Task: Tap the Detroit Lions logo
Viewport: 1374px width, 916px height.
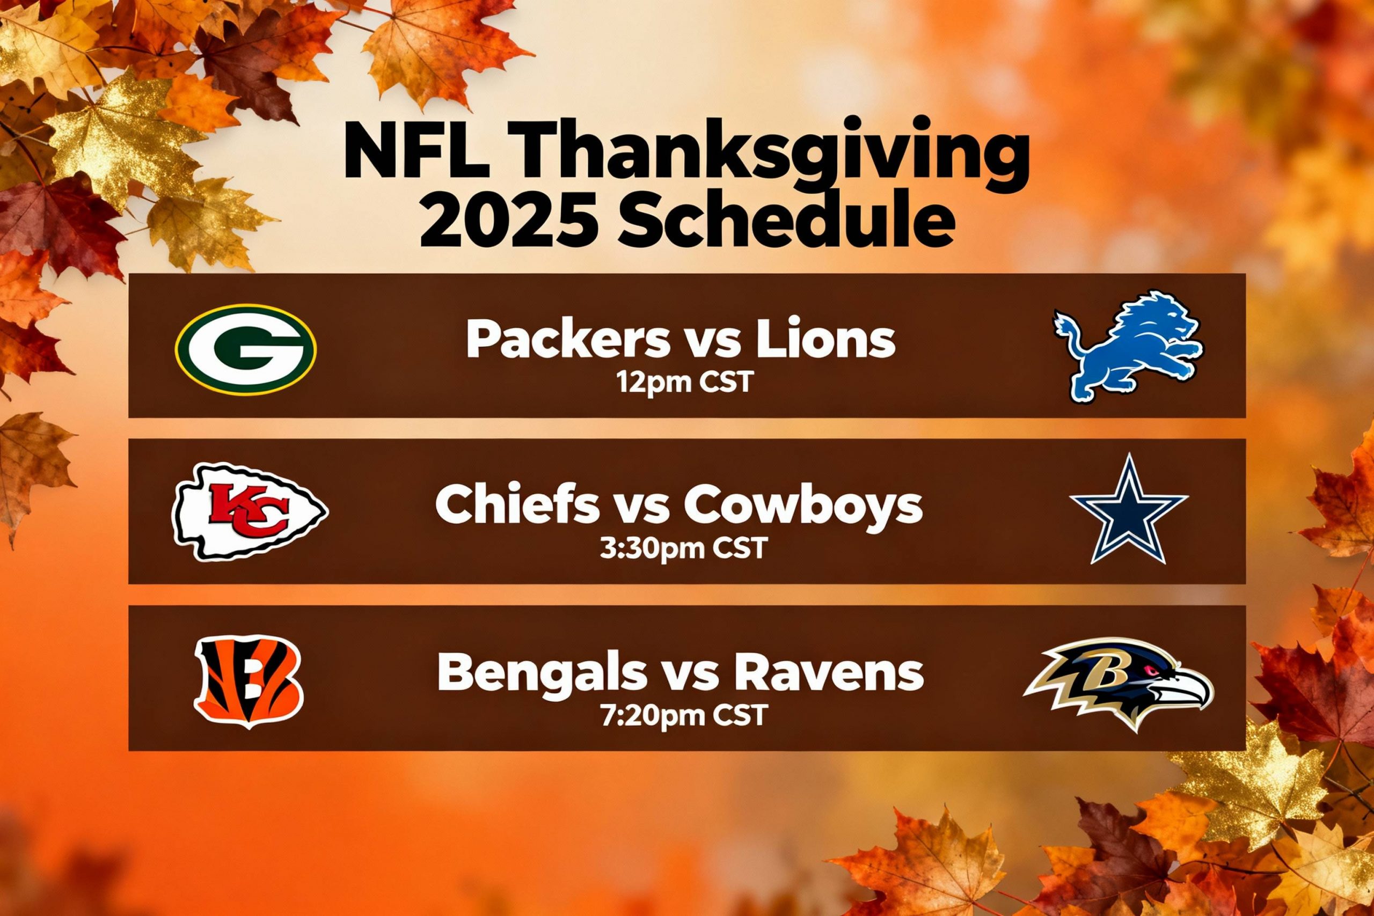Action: pyautogui.click(x=1128, y=347)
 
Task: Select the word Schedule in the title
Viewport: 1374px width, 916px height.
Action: pyautogui.click(x=786, y=223)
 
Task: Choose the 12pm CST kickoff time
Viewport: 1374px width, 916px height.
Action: pyautogui.click(x=684, y=383)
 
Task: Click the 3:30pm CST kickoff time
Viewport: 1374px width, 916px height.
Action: pyautogui.click(x=683, y=548)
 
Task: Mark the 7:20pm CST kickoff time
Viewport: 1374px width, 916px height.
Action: pyautogui.click(x=683, y=715)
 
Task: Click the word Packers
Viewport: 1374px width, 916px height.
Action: pyautogui.click(x=567, y=340)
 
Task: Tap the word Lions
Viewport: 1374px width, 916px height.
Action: pyautogui.click(x=825, y=340)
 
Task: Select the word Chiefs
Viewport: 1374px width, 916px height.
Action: pyautogui.click(x=517, y=506)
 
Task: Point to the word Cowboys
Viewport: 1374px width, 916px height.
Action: pyautogui.click(x=804, y=506)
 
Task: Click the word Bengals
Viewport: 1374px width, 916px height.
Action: pyautogui.click(x=542, y=673)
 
